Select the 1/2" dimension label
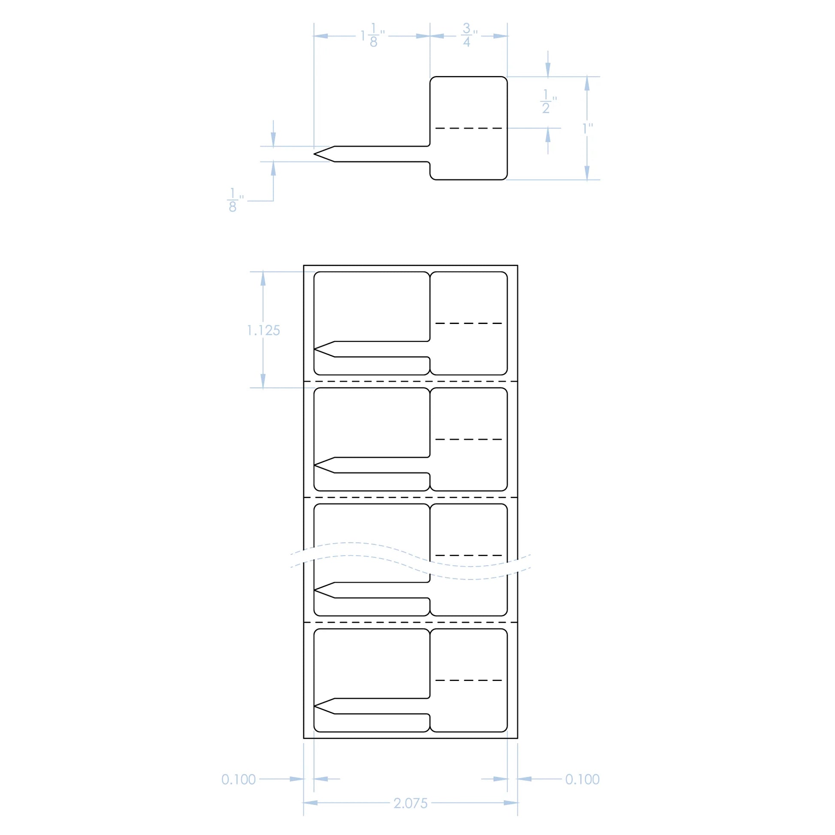[548, 102]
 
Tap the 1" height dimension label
[587, 128]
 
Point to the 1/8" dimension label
[234, 200]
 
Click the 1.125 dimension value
[263, 331]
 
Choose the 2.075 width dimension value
[410, 803]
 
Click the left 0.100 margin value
[239, 779]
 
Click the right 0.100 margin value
[582, 779]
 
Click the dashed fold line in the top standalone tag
[469, 128]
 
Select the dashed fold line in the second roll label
[469, 439]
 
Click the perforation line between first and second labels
[410, 381]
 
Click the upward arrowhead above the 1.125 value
[263, 279]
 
